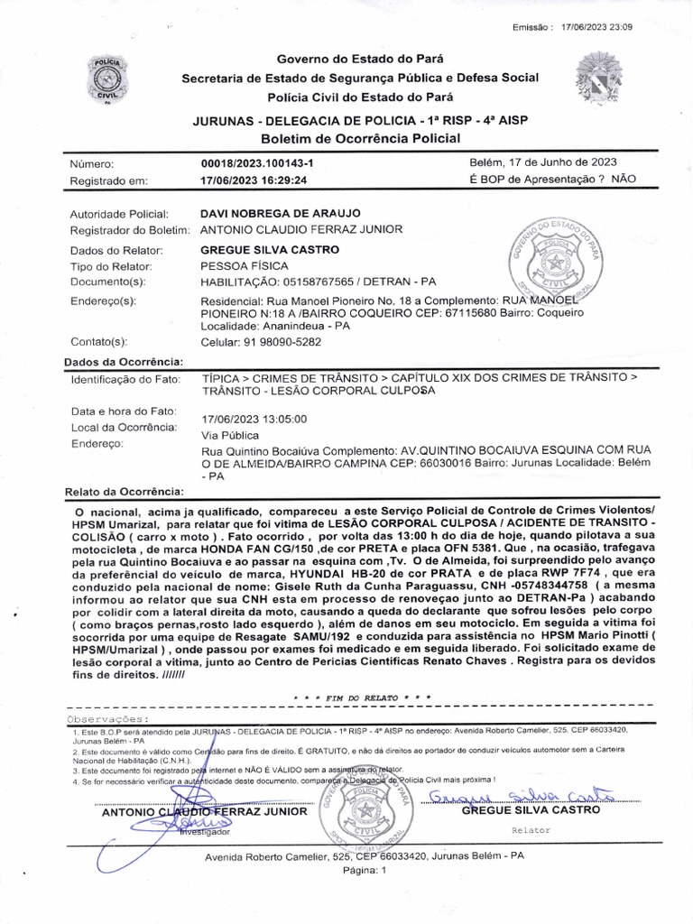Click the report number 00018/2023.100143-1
point(257,163)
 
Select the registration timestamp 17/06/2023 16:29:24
point(254,180)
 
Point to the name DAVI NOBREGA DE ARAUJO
point(280,214)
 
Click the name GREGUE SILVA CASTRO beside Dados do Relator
point(269,249)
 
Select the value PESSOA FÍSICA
point(244,266)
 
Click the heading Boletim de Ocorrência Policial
point(360,138)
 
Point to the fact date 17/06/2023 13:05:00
point(254,419)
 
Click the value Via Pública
point(229,435)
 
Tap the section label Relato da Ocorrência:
point(125,492)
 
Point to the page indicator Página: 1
point(365,871)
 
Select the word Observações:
point(106,718)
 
